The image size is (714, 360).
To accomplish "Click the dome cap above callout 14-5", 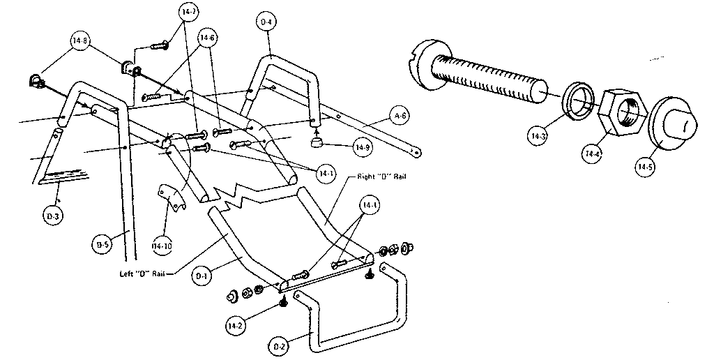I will click(x=676, y=124).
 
